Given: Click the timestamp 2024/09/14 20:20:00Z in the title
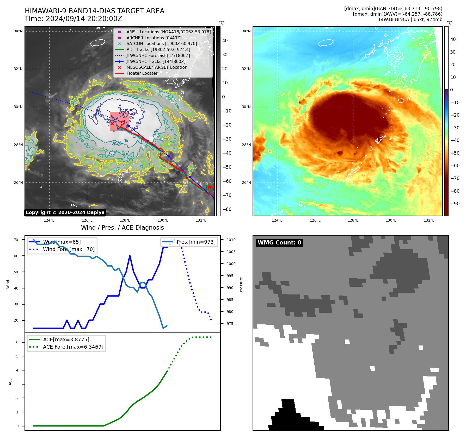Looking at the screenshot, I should point(84,19).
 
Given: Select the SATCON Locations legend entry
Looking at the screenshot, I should point(162,44).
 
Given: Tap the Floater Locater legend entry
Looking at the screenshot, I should point(142,73).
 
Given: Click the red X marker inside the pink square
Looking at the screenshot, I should point(112,123).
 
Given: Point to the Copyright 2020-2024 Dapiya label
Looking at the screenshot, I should point(65,212).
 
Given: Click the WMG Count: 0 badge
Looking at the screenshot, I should point(279,243).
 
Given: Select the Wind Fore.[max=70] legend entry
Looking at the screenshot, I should point(69,249).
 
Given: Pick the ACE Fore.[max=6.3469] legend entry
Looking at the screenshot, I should point(73,347).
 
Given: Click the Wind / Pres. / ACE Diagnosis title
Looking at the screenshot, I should point(122,228).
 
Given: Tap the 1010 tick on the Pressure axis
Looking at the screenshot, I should point(231,240).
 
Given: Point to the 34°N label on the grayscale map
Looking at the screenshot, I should point(18,31).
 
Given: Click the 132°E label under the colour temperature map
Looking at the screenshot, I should point(429,221).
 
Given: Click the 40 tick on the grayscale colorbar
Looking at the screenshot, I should point(225,41).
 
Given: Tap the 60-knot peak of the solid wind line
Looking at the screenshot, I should point(130,256).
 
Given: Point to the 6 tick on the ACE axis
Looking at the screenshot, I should point(17,342).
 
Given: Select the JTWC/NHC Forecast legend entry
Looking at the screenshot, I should point(158,56).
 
